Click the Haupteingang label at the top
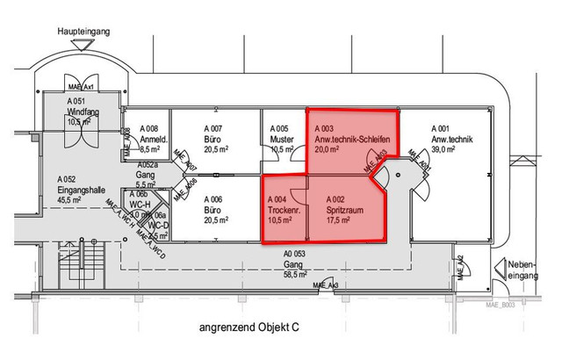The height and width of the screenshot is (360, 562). (83, 31)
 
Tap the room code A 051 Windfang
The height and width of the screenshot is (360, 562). (80, 102)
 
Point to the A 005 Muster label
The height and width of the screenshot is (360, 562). (279, 128)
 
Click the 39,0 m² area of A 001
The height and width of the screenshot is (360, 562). (443, 149)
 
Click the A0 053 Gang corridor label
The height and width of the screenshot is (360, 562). (296, 253)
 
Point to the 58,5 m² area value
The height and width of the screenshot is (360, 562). (296, 274)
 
